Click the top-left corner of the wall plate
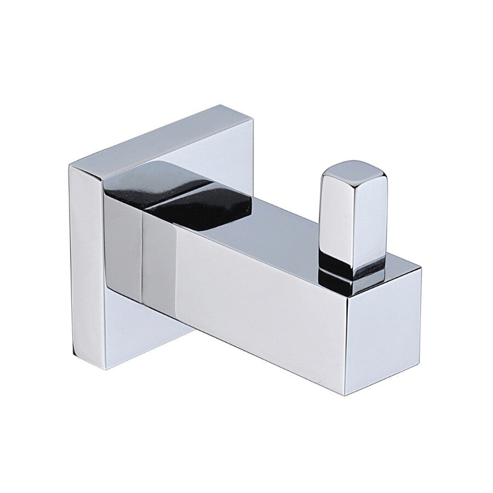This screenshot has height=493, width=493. pyautogui.click(x=70, y=164)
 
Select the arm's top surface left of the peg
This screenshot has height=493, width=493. pyautogui.click(x=274, y=230)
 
